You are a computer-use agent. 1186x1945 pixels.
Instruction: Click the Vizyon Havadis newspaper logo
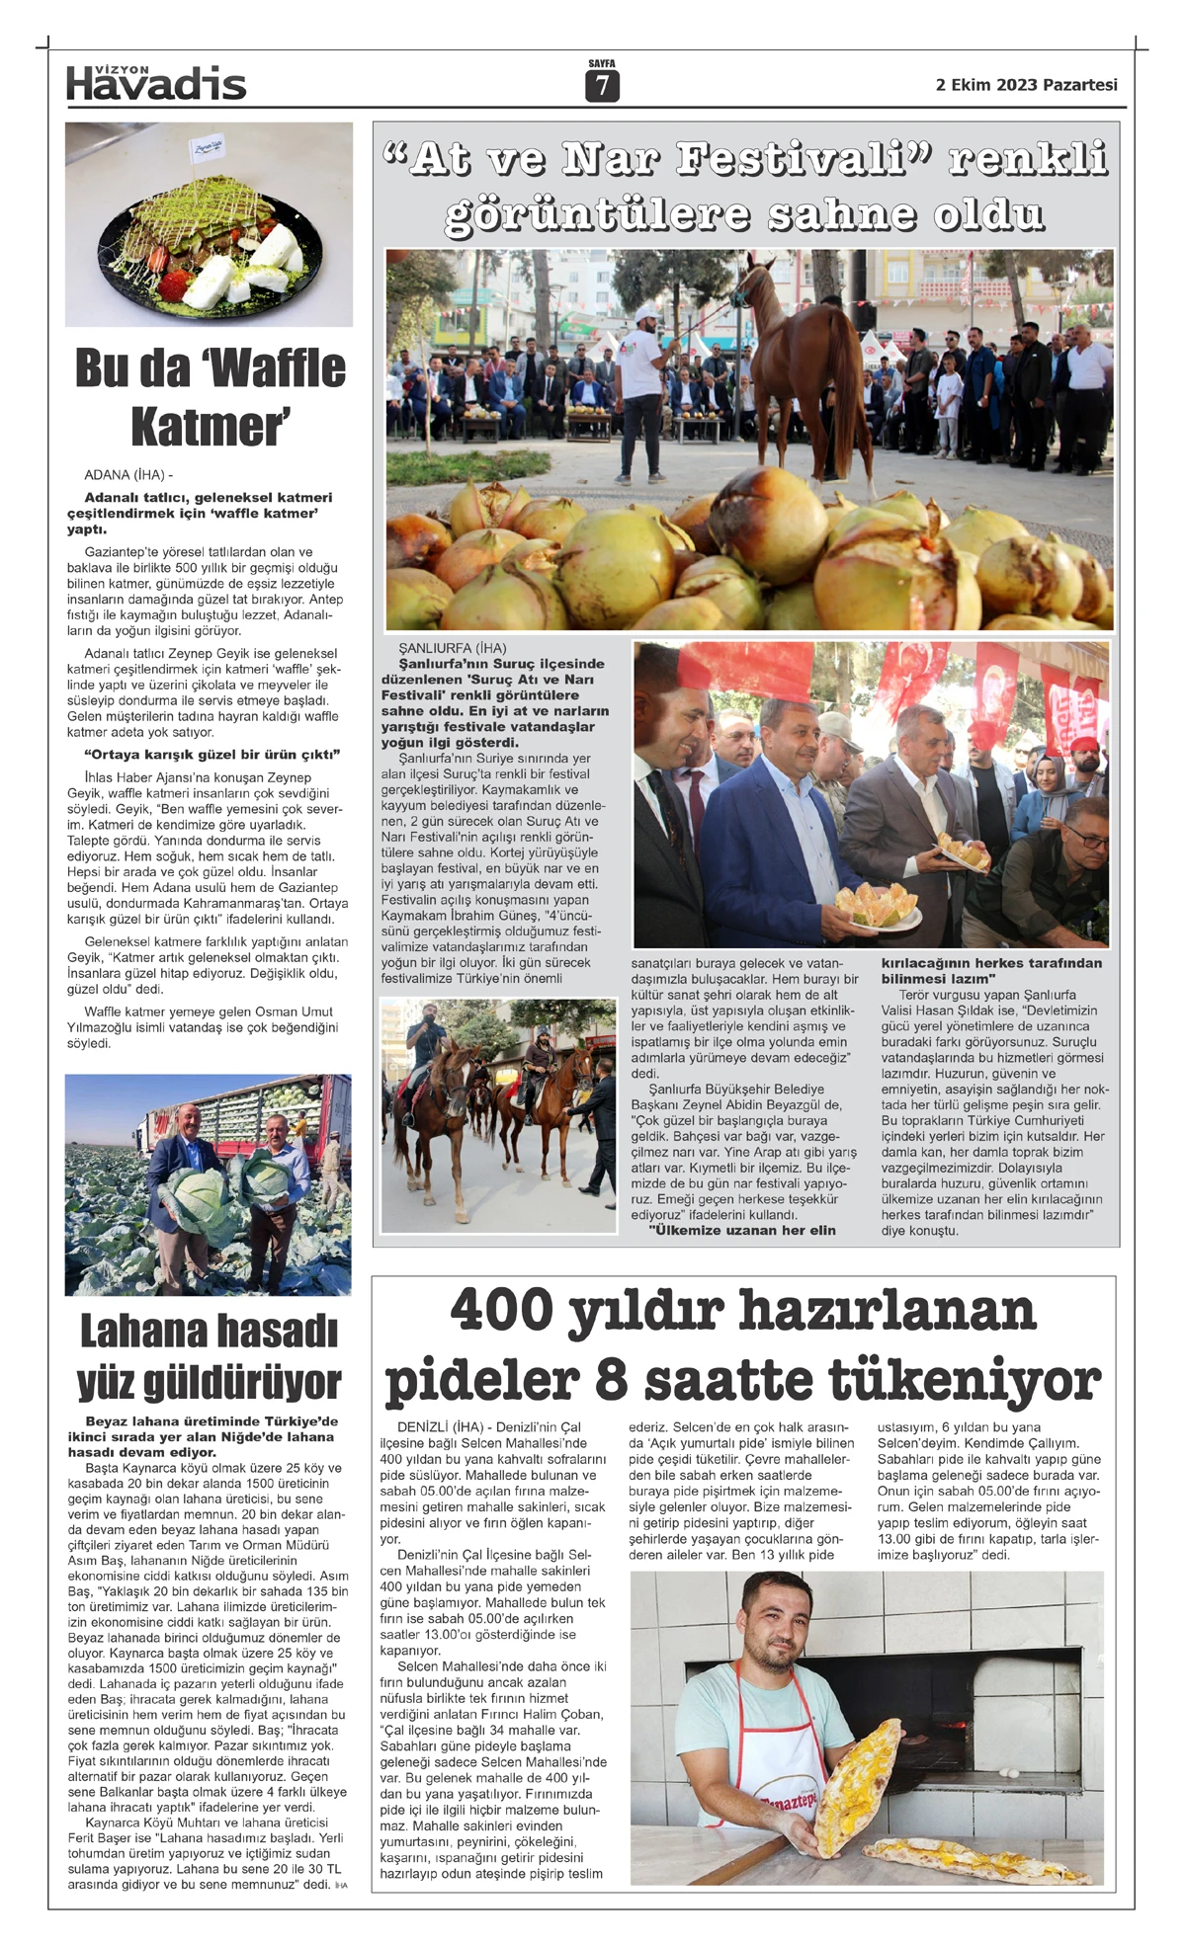156,83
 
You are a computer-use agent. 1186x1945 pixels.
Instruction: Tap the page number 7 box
601,87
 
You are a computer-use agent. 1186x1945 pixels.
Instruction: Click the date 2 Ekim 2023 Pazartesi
1026,85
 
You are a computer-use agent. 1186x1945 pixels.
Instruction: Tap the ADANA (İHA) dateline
128,475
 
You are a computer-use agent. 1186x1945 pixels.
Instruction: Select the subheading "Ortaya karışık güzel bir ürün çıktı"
212,755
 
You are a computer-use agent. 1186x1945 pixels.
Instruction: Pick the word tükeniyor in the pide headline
964,1380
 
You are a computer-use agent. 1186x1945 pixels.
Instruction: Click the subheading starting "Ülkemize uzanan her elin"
742,1231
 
